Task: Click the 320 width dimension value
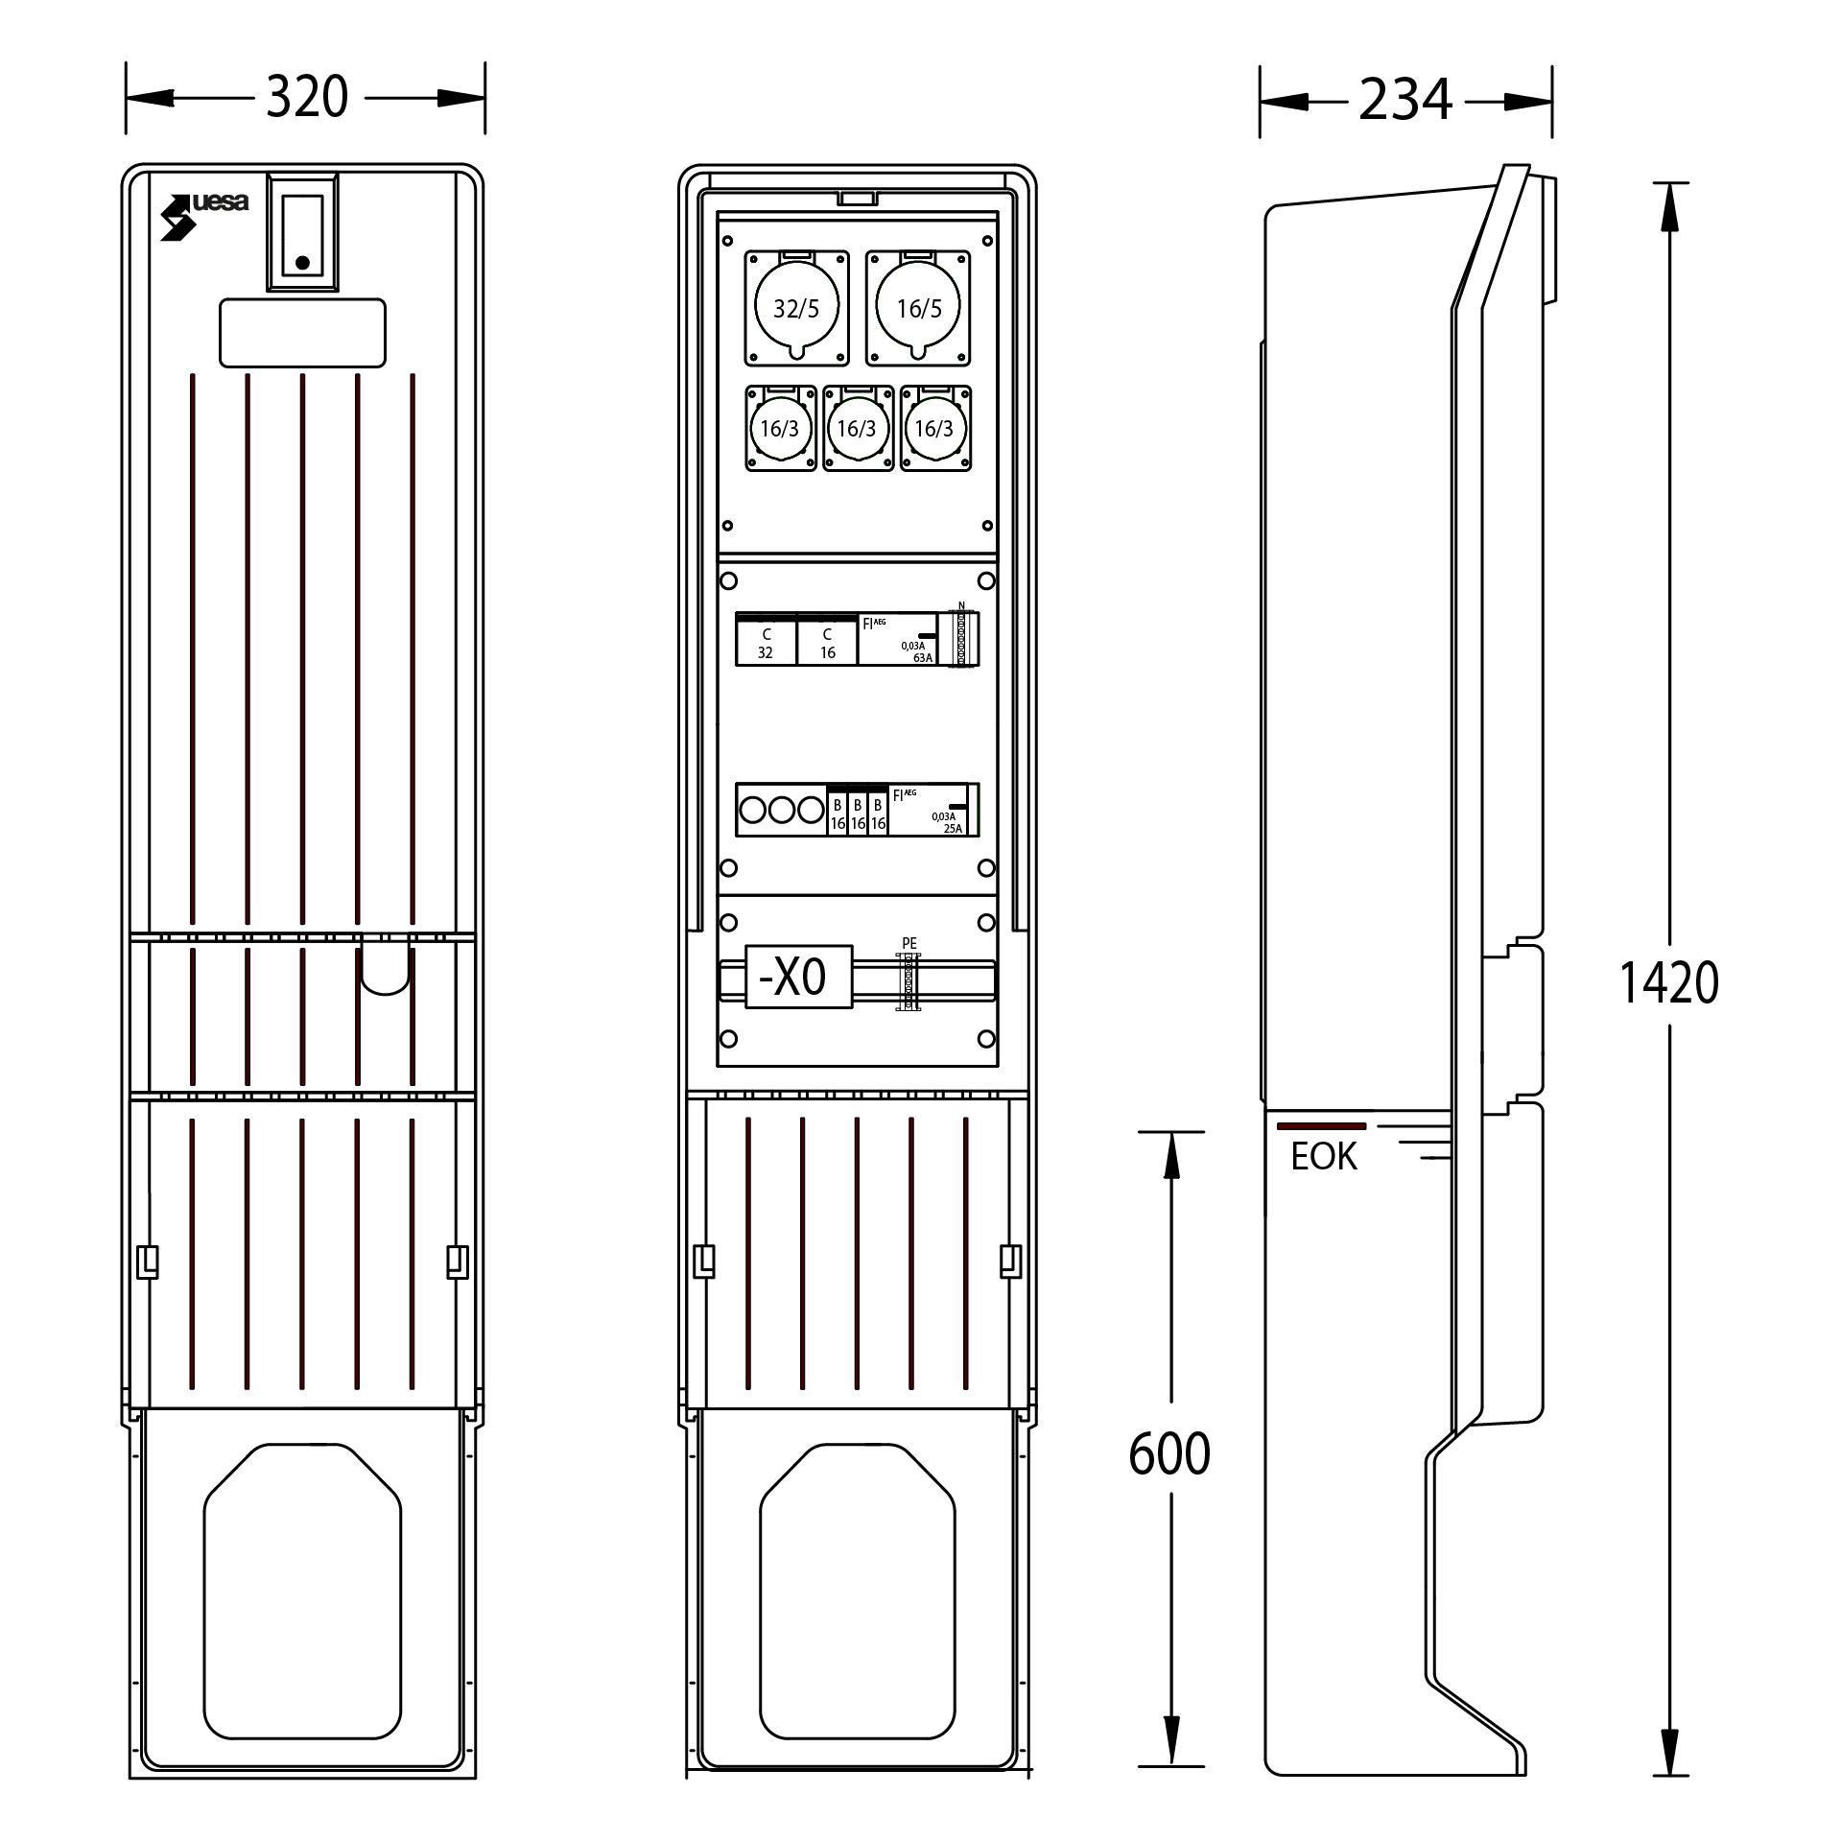(306, 97)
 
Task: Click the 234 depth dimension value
(1405, 100)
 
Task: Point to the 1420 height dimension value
(1668, 982)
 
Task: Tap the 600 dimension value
(1169, 1452)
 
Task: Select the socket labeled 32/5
(796, 308)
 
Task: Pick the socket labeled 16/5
(919, 308)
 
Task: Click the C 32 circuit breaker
(766, 640)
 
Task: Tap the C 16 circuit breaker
(827, 640)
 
